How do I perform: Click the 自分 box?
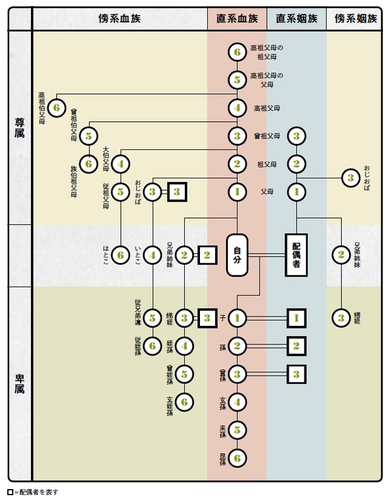(237, 255)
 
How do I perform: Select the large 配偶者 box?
(297, 255)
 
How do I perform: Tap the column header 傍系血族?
(119, 19)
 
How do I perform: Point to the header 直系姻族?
(297, 19)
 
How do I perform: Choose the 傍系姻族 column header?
(356, 19)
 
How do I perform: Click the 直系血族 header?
(237, 19)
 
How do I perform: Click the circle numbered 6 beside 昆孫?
(237, 458)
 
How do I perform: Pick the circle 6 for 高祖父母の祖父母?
(237, 52)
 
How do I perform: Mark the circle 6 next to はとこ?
(121, 255)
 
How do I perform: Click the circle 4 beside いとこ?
(153, 255)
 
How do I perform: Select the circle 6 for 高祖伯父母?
(56, 108)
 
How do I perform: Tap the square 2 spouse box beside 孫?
(296, 346)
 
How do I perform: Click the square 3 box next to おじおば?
(177, 192)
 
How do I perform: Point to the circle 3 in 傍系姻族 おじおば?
(350, 178)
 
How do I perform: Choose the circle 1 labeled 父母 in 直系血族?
(237, 192)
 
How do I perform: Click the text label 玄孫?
(223, 402)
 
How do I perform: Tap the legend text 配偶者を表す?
(38, 492)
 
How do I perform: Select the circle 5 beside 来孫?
(237, 430)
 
